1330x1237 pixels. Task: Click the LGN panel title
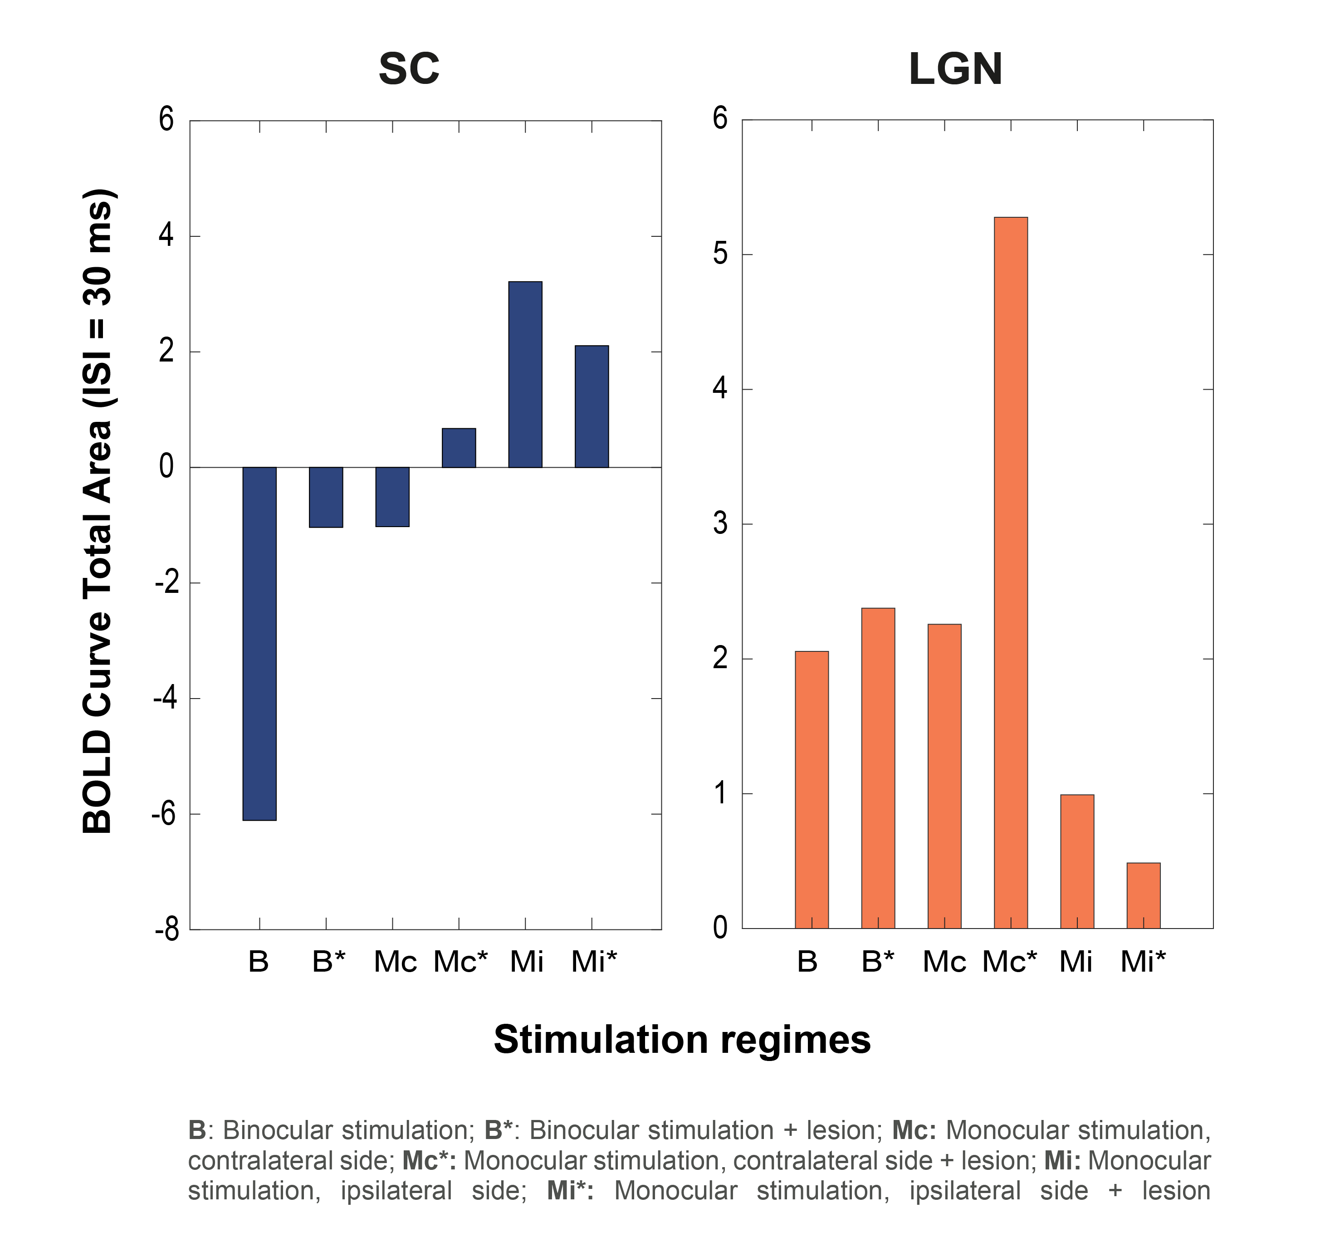pos(955,69)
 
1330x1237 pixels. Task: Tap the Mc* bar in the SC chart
pos(459,448)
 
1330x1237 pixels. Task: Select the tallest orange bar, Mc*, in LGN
pos(1010,572)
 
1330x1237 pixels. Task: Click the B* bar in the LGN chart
pos(878,768)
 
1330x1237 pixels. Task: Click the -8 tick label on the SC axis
pos(166,929)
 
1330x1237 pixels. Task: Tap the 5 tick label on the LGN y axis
pos(720,254)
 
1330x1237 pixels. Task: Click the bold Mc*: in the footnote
pos(429,1161)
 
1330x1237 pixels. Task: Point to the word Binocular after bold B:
pos(278,1130)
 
